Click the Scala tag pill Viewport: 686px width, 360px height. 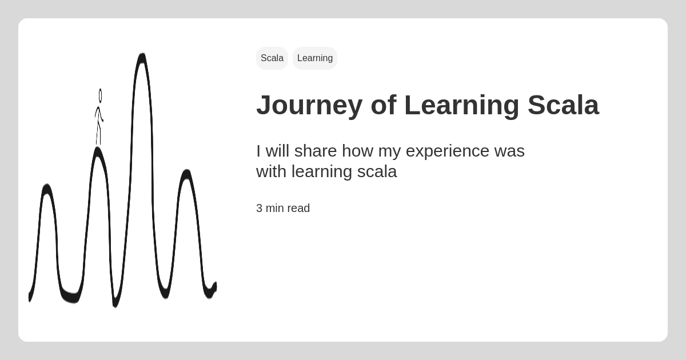coord(272,58)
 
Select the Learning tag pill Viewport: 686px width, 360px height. coord(315,58)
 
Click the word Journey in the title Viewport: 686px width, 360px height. coord(310,106)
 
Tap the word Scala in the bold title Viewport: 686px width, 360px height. coord(563,105)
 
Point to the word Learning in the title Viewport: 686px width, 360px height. coord(462,106)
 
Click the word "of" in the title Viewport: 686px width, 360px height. coord(384,105)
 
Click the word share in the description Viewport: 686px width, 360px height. coord(315,151)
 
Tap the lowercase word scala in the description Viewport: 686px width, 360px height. coord(377,171)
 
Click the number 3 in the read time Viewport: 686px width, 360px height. coord(259,208)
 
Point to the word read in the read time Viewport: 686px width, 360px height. coord(298,208)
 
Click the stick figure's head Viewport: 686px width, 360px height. coord(100,95)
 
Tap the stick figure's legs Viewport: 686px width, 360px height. coord(98,133)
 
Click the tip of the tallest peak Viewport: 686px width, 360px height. coord(142,54)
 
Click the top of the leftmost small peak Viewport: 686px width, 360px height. coord(47,185)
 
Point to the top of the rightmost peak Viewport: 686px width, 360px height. coord(187,170)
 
